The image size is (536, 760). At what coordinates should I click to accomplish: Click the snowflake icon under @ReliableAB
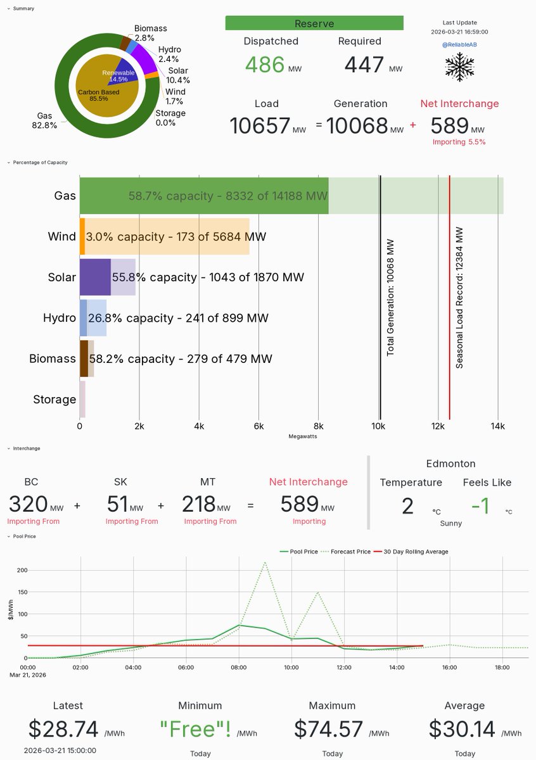pos(460,65)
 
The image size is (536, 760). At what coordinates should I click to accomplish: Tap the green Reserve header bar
pos(314,23)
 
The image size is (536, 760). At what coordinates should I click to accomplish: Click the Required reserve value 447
pos(364,65)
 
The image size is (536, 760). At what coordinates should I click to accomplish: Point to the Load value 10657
pos(260,125)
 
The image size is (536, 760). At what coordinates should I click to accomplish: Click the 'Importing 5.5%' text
pos(459,142)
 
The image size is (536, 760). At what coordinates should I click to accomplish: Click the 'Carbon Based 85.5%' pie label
pos(98,95)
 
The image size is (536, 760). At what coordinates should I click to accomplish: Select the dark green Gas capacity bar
pos(203,196)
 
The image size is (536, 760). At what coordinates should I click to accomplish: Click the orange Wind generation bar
pos(82,236)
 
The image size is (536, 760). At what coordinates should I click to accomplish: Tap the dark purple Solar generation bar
pos(95,277)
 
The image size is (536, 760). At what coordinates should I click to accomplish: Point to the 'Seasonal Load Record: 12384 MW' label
pos(460,298)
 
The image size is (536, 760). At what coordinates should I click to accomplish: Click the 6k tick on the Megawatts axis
pos(258,426)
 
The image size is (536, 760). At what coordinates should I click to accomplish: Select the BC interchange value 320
pos(29,504)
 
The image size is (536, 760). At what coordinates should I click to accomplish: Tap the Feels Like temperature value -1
pos(481,506)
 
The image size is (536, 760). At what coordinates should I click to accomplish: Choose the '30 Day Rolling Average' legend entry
pos(416,552)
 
